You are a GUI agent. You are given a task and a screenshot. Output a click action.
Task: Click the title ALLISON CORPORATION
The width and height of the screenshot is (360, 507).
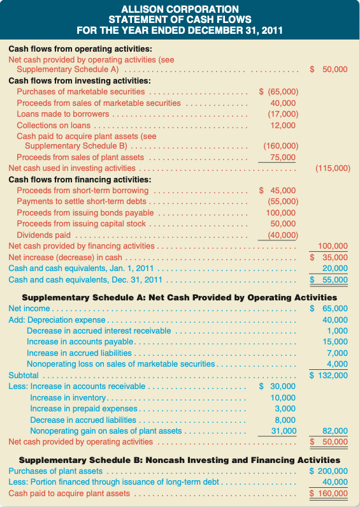[x=180, y=9]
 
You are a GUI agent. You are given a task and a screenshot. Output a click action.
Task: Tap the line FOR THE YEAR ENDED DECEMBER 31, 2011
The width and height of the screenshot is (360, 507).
[x=180, y=29]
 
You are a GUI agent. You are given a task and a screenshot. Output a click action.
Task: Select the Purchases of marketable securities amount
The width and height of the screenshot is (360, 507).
[x=278, y=92]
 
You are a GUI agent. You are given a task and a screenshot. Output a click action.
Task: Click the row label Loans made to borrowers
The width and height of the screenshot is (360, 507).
[x=62, y=114]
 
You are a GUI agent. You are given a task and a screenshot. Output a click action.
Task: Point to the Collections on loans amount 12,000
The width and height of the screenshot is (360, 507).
[x=283, y=125]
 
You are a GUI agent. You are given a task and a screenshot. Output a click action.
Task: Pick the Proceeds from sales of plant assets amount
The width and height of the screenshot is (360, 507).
[x=283, y=158]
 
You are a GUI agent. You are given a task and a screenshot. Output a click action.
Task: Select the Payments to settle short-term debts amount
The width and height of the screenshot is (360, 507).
[x=280, y=202]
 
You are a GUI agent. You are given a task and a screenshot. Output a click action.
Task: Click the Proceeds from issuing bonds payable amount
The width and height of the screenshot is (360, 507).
[x=280, y=212]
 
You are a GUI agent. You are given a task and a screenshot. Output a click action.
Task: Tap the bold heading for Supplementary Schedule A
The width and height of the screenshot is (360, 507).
[x=180, y=297]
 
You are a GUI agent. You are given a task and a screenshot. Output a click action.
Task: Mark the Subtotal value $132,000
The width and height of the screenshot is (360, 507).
[x=329, y=375]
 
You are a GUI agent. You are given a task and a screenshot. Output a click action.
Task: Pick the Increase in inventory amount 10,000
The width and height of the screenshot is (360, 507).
[x=283, y=398]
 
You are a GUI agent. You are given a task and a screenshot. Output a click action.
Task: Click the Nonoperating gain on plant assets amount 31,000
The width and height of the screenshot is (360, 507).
[x=283, y=431]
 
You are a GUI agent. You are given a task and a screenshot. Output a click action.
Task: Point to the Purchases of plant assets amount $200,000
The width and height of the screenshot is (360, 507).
[x=329, y=471]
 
